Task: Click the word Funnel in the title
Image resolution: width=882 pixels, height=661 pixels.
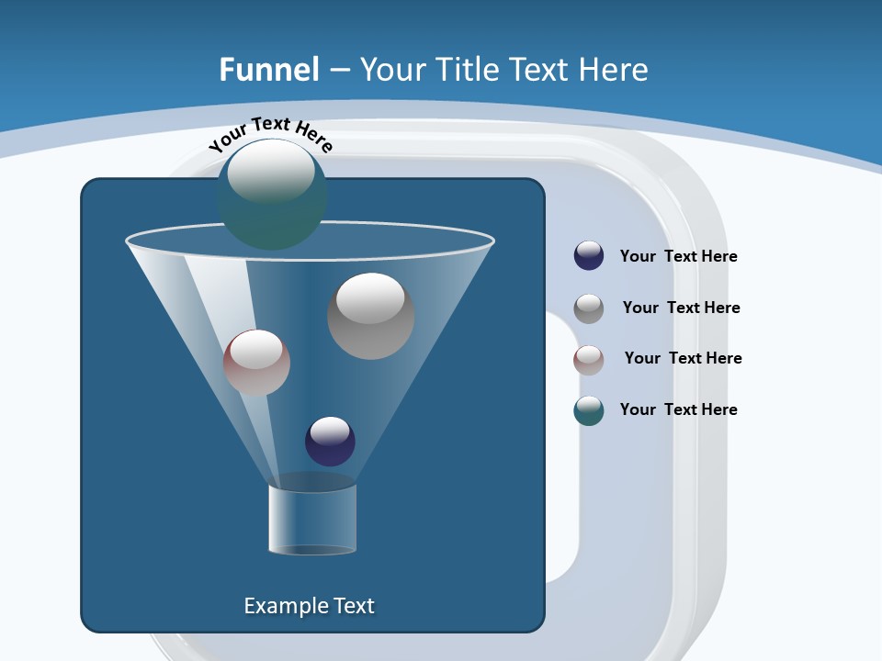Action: [269, 69]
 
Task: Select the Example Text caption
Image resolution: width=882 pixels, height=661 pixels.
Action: [310, 606]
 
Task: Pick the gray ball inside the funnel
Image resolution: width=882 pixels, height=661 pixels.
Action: [370, 317]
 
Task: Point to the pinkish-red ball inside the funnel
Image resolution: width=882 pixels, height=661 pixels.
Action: [256, 364]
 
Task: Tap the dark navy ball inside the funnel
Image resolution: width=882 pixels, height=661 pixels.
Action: [330, 442]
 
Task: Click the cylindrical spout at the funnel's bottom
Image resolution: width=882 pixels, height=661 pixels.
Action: [311, 519]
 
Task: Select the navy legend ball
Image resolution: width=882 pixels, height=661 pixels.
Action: [589, 256]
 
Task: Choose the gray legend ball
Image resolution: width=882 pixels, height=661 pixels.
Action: [589, 308]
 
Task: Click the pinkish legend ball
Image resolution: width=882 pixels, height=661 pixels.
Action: [589, 360]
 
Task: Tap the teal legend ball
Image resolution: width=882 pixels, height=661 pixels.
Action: [589, 410]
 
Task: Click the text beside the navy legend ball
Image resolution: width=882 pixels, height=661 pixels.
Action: [678, 256]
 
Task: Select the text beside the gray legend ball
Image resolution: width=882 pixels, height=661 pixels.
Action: [681, 308]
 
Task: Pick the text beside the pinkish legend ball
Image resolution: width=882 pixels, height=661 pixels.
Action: [683, 358]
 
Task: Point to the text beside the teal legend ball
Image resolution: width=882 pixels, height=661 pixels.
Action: [678, 409]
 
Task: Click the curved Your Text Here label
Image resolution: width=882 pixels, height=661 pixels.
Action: [271, 133]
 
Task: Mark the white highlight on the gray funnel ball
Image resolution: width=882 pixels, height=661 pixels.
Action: [370, 298]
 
